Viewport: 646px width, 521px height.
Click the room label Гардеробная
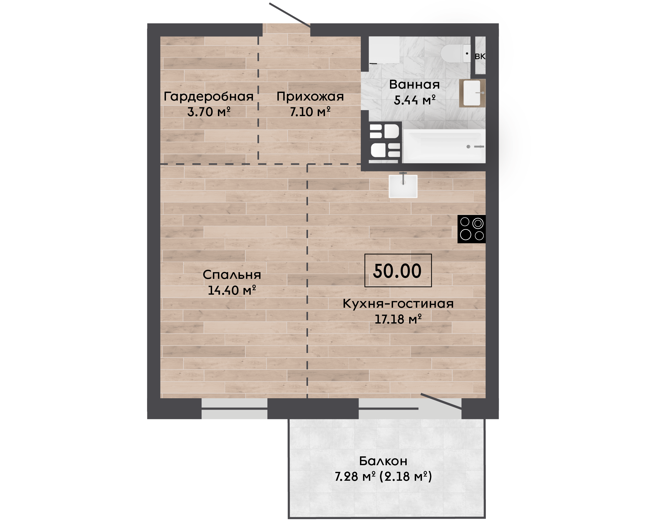pos(208,97)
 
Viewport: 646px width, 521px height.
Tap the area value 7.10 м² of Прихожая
pos(310,112)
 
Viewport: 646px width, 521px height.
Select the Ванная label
pos(414,85)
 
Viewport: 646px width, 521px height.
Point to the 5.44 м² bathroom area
pos(414,100)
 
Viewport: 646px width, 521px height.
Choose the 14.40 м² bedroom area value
pos(232,290)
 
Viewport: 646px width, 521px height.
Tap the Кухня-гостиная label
pos(398,304)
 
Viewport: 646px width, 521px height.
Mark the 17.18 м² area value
pos(398,319)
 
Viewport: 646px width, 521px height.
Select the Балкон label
pos(383,461)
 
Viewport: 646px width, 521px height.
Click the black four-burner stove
pos(471,229)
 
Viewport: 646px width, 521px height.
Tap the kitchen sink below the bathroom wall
pos(403,186)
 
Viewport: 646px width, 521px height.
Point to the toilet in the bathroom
pos(456,53)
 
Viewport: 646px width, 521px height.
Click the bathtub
pos(444,146)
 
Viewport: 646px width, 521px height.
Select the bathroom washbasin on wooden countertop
pos(472,93)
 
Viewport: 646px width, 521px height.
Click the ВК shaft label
pos(480,56)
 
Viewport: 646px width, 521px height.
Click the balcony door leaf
pos(441,401)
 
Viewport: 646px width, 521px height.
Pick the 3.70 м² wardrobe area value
pos(209,112)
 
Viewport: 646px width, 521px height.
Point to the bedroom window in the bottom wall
pos(234,409)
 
